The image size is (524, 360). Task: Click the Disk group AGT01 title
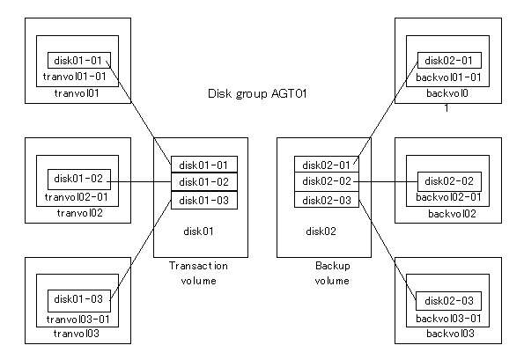point(257,94)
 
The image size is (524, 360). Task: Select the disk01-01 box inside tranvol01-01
point(79,60)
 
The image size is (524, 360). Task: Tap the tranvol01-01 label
point(75,77)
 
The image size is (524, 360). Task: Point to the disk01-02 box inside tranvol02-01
point(79,180)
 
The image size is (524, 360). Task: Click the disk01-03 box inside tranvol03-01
point(79,300)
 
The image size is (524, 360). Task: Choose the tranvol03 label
point(77,334)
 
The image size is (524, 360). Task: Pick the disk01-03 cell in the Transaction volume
point(204,201)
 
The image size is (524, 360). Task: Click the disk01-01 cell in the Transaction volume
point(204,165)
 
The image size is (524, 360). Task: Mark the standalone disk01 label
point(198,231)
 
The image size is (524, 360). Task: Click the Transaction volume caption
point(198,273)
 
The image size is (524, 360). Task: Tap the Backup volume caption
point(333,273)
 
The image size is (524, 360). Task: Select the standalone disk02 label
point(321,231)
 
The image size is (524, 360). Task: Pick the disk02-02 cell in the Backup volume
point(327,181)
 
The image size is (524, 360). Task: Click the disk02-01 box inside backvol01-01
point(449,60)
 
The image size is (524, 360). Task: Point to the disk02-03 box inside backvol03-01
point(449,300)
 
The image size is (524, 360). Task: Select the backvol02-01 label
point(448,197)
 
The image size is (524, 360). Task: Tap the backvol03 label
point(451,334)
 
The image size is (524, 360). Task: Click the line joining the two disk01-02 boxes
point(139,182)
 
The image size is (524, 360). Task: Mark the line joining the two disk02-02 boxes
point(386,182)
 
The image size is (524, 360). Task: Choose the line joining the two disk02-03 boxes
point(387,249)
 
